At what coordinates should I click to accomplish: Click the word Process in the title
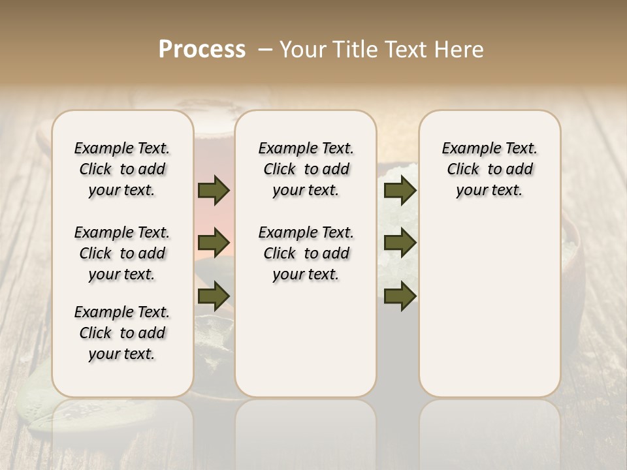pyautogui.click(x=202, y=50)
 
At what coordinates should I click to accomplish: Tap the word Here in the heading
pyautogui.click(x=460, y=50)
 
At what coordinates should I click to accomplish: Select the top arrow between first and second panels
pyautogui.click(x=214, y=191)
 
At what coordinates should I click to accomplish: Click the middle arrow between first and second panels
pyautogui.click(x=214, y=243)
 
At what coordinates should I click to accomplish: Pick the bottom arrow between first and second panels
pyautogui.click(x=214, y=296)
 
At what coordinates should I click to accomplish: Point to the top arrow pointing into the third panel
pyautogui.click(x=400, y=191)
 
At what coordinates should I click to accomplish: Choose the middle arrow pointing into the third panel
pyautogui.click(x=400, y=243)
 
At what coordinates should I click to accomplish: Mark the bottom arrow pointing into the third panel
pyautogui.click(x=400, y=296)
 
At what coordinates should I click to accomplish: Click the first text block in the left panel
pyautogui.click(x=122, y=169)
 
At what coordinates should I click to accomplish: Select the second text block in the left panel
pyautogui.click(x=122, y=253)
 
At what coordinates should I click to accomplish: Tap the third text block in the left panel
pyautogui.click(x=122, y=333)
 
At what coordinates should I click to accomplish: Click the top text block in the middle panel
pyautogui.click(x=306, y=169)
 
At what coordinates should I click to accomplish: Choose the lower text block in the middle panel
pyautogui.click(x=306, y=253)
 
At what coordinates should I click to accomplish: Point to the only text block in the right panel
pyautogui.click(x=489, y=169)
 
